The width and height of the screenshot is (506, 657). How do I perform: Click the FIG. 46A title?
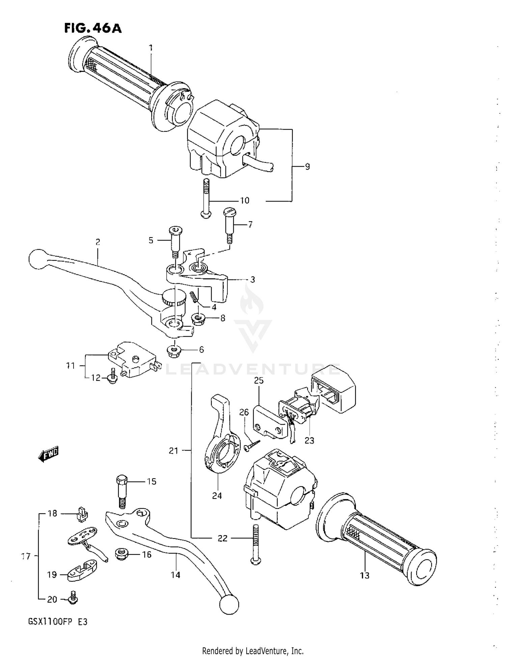93,28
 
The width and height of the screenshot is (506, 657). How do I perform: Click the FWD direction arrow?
48,455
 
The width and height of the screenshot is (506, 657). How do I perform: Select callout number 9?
307,166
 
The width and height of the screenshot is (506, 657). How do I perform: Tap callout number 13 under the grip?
365,575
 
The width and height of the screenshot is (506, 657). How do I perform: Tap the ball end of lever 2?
38,259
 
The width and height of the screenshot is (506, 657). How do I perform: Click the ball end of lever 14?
229,604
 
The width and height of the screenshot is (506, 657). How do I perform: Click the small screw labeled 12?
113,377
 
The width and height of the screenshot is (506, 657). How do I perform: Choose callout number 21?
173,451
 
